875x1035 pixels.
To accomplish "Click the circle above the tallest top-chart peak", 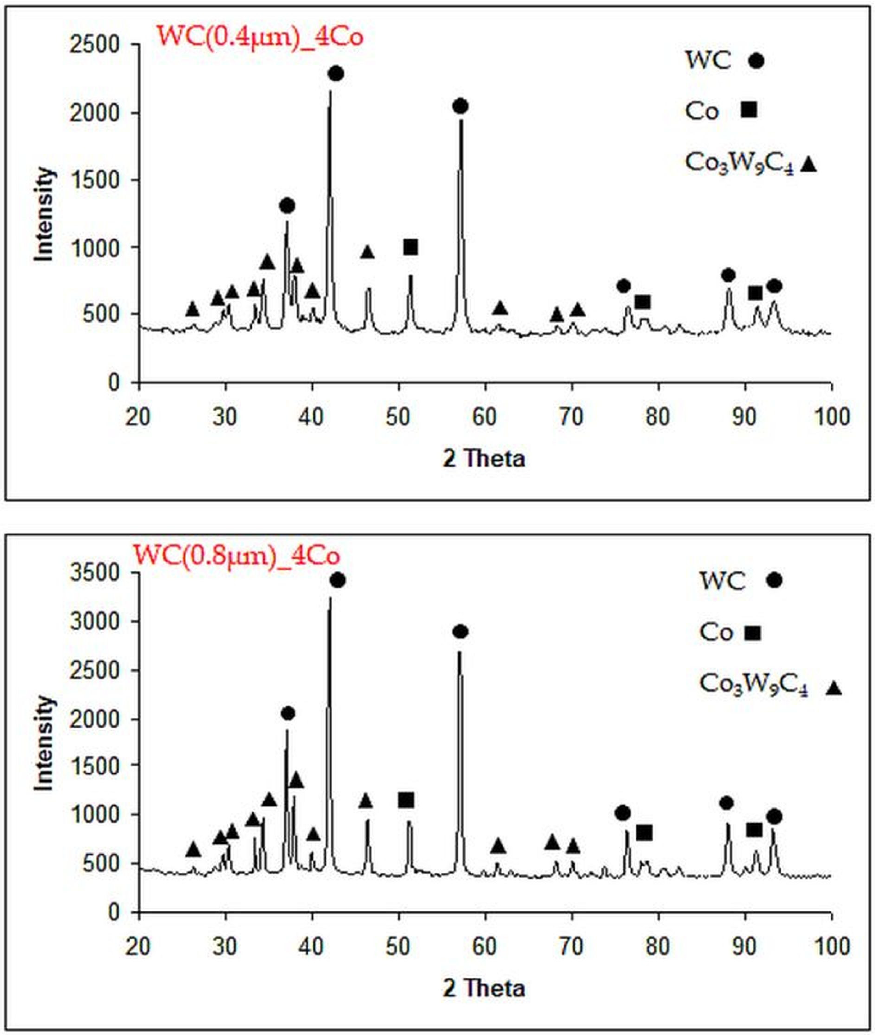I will tap(336, 74).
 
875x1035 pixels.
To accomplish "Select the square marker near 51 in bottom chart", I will tap(406, 800).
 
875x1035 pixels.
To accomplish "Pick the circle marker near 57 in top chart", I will tap(460, 106).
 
